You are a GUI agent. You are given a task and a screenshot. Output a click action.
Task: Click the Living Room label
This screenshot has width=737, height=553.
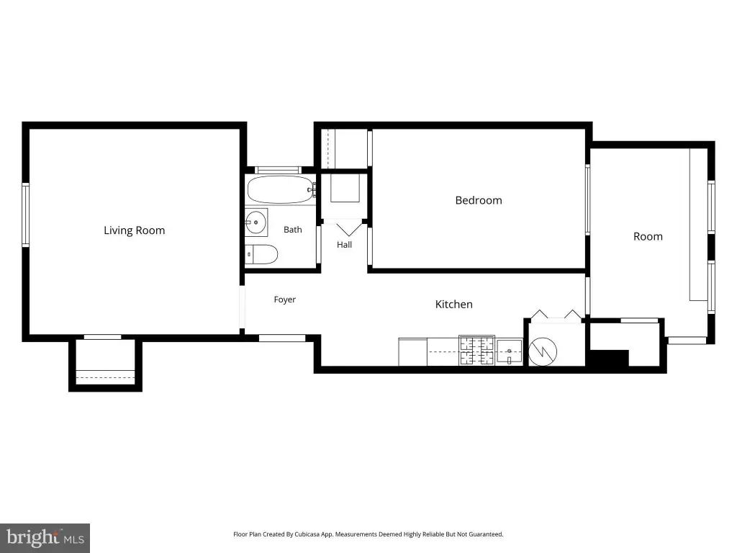point(135,230)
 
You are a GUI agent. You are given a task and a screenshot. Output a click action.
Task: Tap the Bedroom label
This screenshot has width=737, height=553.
point(479,200)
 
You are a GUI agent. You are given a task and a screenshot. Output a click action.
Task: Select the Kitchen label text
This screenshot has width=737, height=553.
point(453,305)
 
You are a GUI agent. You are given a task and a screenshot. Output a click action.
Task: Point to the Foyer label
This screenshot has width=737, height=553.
point(285,300)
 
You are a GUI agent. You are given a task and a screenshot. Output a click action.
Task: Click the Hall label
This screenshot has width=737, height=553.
point(344,245)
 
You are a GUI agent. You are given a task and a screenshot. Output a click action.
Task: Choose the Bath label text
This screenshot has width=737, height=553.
point(292,230)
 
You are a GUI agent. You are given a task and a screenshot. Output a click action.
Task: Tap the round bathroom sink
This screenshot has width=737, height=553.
point(256,222)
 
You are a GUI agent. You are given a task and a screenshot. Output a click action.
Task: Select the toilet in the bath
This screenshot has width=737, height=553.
point(261,254)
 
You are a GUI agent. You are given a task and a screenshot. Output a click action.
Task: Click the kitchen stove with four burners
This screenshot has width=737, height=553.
point(476,351)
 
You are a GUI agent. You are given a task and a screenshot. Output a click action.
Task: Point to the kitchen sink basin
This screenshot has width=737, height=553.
point(510,351)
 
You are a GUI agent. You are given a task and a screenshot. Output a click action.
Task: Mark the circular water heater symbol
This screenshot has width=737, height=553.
point(543,351)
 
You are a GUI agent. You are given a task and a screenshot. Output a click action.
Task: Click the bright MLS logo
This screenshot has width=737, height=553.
point(45,538)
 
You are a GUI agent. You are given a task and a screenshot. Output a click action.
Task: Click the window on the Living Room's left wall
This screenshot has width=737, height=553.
point(25,215)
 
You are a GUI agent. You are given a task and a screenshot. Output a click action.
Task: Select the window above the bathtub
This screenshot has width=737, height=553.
point(279,170)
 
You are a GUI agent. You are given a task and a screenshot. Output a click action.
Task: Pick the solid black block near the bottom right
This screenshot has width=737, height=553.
point(610,358)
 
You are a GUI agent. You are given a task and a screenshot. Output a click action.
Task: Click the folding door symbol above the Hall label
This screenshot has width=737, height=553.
point(349,230)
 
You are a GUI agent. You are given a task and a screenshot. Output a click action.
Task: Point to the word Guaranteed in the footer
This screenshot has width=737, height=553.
point(487,534)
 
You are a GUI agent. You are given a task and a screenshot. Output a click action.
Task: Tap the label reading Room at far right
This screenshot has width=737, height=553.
point(648,236)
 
